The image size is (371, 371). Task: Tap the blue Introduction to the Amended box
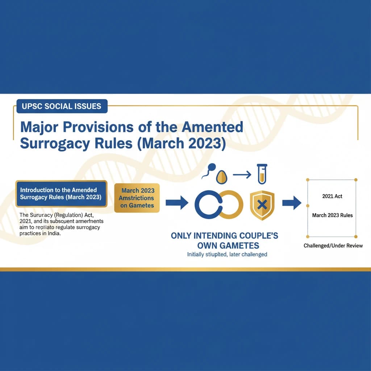point(61,193)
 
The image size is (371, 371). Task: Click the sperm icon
point(209,170)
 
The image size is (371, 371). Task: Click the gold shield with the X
point(262,205)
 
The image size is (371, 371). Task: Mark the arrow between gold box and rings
point(176,203)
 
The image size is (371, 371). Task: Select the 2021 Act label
point(332,196)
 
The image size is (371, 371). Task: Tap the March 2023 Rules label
point(332,215)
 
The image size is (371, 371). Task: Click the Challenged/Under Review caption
point(333,246)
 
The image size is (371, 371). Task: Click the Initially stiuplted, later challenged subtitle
point(227,254)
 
